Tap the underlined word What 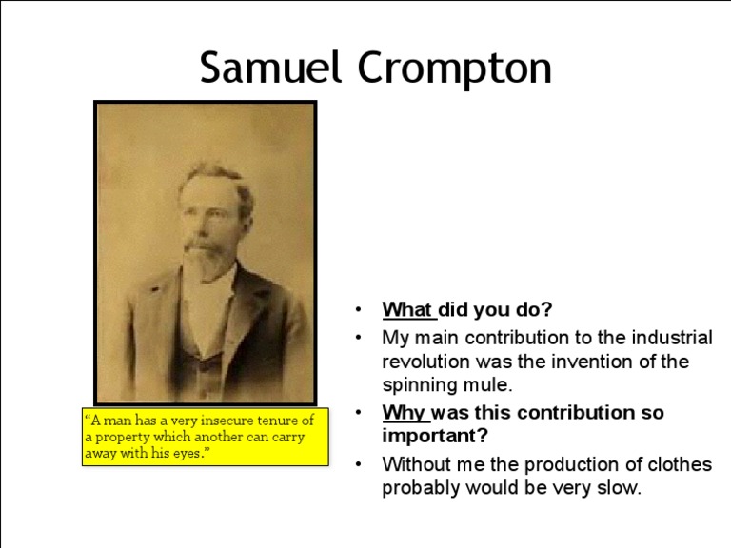407,310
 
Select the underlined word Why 405,413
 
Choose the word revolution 426,362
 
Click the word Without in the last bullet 415,464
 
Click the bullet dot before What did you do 358,310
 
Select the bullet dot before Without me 358,464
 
